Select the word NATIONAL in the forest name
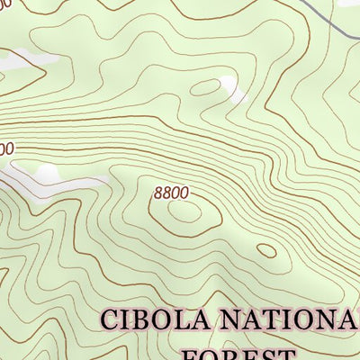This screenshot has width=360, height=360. tap(293, 320)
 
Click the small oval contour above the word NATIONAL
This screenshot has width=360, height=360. tap(266, 250)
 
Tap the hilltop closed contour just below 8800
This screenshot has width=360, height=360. tap(184, 212)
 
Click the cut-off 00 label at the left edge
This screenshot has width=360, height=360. tap(5, 148)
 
